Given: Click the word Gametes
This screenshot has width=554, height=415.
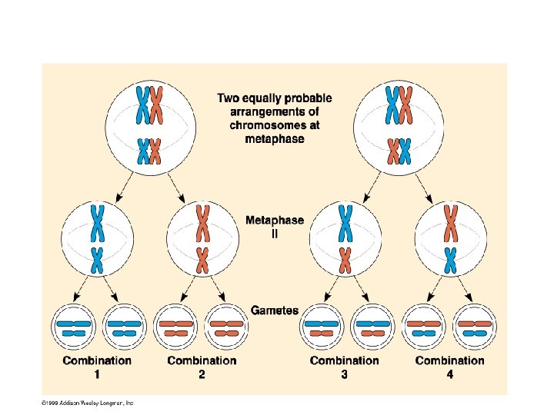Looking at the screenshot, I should pos(275,311).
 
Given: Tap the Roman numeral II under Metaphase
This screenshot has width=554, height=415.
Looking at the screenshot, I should pos(275,234).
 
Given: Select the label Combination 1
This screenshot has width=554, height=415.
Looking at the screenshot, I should pos(97,366).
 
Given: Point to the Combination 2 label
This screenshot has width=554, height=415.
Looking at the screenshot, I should pos(202,366).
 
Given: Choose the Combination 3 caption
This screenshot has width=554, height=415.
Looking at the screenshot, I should pos(344,366).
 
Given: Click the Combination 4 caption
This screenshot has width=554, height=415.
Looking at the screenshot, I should pos(450,366).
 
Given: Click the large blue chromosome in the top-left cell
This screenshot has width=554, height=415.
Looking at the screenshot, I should pos(142,105).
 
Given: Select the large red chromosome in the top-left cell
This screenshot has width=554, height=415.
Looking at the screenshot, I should pos(156,105).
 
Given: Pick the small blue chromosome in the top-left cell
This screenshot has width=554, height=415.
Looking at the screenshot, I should pos(142,151).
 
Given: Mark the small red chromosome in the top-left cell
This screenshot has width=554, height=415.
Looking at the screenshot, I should pos(155,151).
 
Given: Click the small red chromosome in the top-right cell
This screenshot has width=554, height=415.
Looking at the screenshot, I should pos(393,151).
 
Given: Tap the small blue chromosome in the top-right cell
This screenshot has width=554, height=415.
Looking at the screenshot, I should pos(406,151).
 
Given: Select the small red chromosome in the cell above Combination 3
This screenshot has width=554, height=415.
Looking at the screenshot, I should pos(345,260).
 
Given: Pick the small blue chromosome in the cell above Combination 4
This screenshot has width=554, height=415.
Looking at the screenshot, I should pos(450,260).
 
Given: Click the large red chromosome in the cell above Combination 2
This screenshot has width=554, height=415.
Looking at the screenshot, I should pos(202,222).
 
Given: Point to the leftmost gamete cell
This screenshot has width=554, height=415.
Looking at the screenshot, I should pos(74,328).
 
